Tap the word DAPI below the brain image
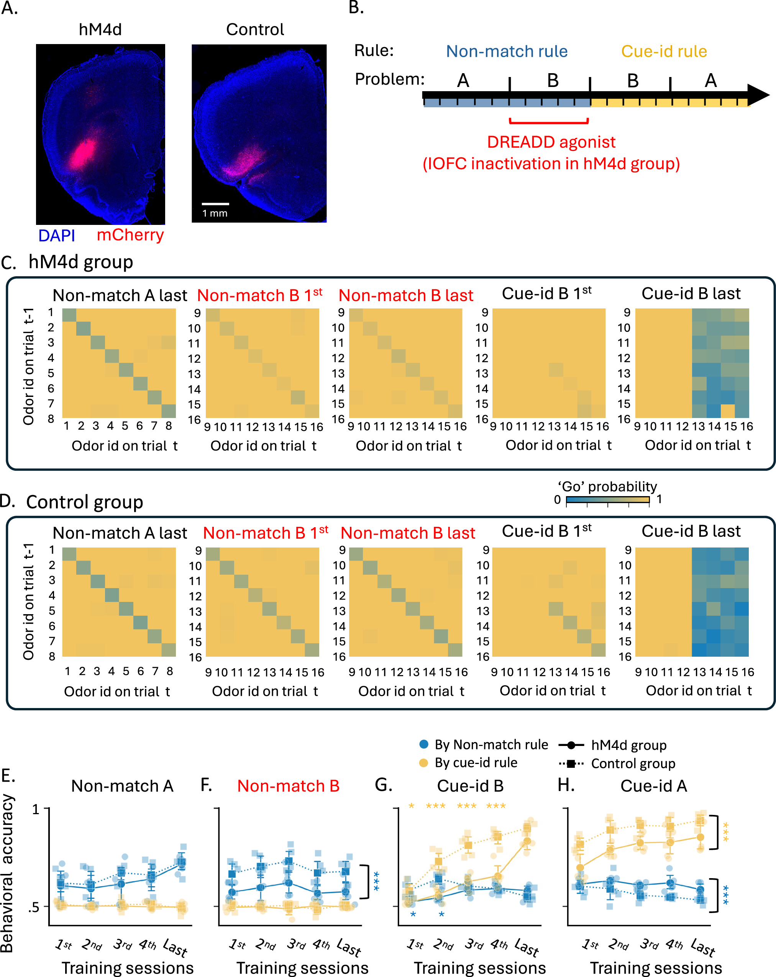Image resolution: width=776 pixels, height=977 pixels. tap(57, 236)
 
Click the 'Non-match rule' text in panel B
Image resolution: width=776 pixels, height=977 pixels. tap(506, 51)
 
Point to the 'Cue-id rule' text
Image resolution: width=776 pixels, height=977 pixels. tap(664, 51)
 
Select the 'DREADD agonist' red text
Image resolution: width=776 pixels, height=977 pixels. tap(551, 142)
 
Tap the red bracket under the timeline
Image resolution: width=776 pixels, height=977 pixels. tap(548, 122)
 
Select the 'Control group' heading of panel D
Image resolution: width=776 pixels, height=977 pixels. tap(84, 502)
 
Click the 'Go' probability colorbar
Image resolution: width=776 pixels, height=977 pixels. tap(607, 500)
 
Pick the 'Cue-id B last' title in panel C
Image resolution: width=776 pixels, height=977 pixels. tap(691, 293)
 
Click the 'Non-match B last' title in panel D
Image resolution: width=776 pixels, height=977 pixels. tap(408, 533)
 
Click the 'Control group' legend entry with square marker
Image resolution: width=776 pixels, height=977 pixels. tap(633, 764)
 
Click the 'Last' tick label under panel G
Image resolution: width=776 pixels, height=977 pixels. tap(527, 947)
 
